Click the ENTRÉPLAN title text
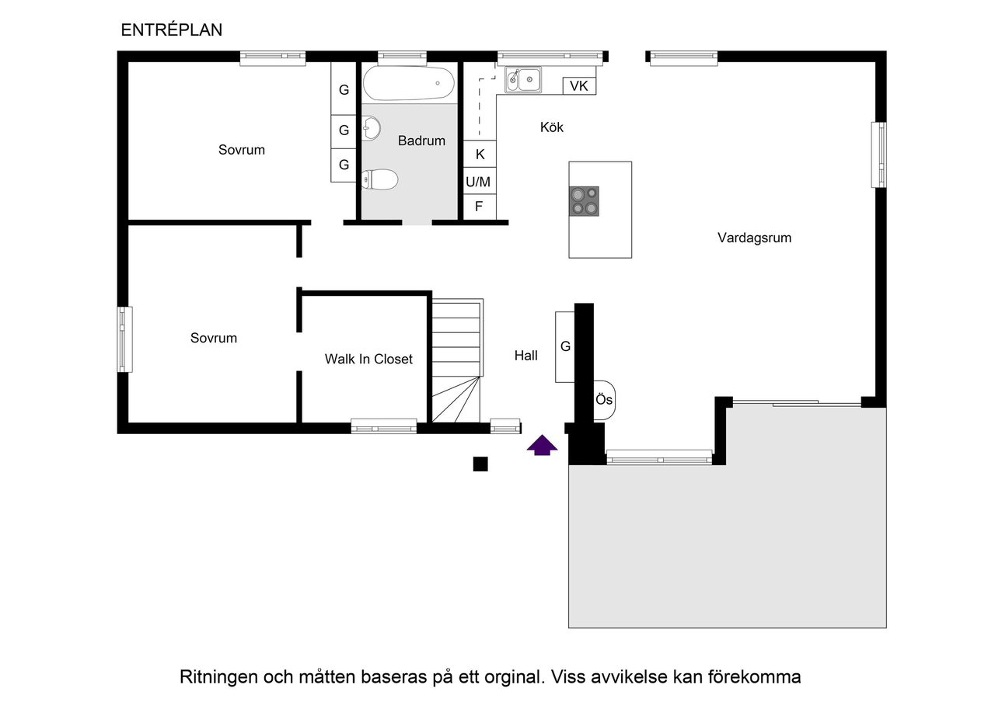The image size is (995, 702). click(172, 30)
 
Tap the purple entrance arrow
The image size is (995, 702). click(543, 445)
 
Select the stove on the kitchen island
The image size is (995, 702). click(584, 200)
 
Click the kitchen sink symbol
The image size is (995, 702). click(524, 79)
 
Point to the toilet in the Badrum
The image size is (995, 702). click(381, 180)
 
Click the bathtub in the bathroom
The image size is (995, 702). click(409, 83)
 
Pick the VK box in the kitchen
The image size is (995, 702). click(579, 86)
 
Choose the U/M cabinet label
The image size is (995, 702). click(479, 182)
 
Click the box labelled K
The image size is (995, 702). click(480, 154)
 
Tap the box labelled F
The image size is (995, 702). click(479, 207)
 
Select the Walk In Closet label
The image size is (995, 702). click(368, 360)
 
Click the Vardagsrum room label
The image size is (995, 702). click(753, 238)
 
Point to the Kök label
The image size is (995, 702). click(552, 127)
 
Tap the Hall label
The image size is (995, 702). click(526, 356)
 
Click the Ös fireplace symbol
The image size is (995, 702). click(605, 400)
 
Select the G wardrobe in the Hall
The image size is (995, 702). click(565, 346)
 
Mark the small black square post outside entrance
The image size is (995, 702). click(480, 464)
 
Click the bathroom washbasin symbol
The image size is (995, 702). click(372, 128)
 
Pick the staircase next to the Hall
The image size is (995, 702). click(456, 361)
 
